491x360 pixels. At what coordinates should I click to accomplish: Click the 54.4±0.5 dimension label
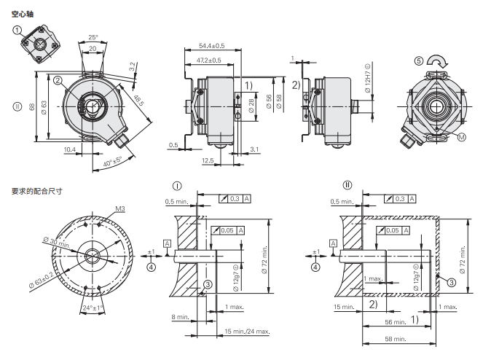(212, 46)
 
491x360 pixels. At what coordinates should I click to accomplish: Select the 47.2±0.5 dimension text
(208, 60)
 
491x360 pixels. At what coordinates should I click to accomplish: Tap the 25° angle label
(93, 37)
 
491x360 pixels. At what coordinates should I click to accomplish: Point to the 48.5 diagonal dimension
(138, 101)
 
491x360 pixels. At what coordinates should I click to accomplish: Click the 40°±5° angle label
(113, 161)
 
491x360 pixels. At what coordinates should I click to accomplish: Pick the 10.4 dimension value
(69, 150)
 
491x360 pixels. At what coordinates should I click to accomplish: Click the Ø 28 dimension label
(251, 106)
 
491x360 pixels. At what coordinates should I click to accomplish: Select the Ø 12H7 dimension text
(367, 78)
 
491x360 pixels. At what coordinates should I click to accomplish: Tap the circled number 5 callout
(419, 60)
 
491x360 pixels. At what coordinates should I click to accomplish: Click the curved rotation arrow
(437, 61)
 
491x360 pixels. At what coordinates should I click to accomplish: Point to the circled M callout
(462, 137)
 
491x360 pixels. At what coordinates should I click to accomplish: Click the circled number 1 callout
(17, 30)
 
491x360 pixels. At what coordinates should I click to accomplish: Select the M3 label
(120, 208)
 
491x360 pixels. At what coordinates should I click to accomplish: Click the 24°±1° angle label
(93, 308)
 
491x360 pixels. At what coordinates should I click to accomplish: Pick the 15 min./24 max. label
(247, 331)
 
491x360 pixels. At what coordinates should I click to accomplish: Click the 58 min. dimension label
(396, 339)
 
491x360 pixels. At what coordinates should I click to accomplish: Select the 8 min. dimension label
(181, 317)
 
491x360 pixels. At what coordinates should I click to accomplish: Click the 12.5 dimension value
(208, 160)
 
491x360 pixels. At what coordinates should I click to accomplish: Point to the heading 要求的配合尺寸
(37, 191)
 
